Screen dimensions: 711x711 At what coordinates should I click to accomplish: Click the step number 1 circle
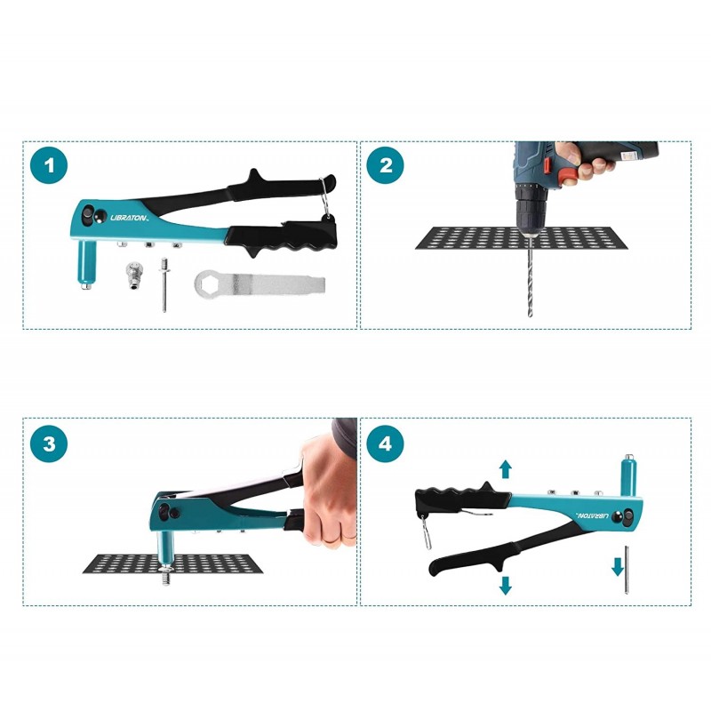[x=49, y=165]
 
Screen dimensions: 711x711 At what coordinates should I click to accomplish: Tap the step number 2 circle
[x=386, y=165]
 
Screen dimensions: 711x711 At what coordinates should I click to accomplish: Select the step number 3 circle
[x=49, y=443]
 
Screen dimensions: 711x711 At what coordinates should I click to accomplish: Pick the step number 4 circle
[x=386, y=443]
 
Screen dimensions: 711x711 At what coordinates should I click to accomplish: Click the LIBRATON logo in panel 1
[x=130, y=218]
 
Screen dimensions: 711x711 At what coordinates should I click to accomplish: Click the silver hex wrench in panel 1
[x=260, y=284]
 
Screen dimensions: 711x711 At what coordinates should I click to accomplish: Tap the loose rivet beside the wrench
[x=164, y=284]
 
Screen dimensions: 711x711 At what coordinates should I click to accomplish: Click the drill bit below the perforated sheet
[x=530, y=276]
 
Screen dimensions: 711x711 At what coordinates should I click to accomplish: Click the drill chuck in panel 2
[x=530, y=212]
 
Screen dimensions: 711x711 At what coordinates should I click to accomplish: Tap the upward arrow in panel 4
[x=506, y=469]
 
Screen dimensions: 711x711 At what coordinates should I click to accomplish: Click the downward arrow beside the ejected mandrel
[x=618, y=567]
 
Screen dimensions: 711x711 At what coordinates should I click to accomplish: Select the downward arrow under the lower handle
[x=505, y=586]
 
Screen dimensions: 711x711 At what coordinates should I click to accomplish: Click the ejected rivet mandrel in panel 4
[x=627, y=570]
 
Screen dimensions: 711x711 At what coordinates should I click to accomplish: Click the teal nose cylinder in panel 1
[x=86, y=264]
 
